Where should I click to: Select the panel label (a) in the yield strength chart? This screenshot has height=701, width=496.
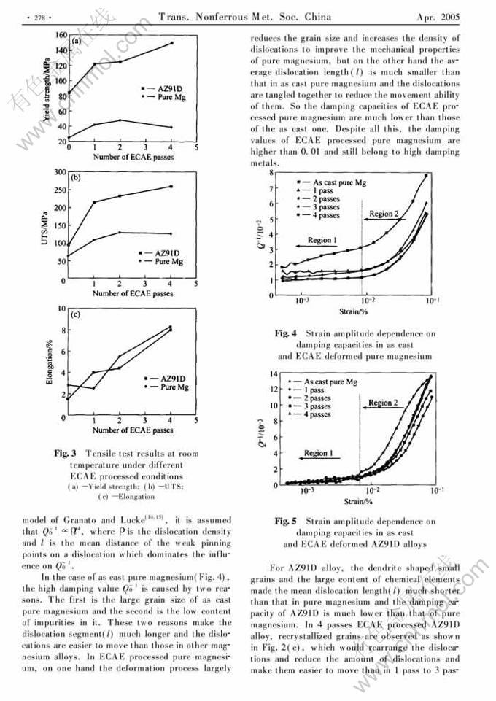coord(76,42)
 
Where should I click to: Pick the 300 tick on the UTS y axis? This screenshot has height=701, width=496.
coord(58,171)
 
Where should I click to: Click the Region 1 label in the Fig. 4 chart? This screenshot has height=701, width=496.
coord(322,240)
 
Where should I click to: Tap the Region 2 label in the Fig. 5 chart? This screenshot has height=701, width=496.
coord(382,403)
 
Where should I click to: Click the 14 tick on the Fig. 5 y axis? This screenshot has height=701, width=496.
coord(274,373)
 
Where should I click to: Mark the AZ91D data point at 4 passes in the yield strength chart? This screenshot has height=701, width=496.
coord(171,43)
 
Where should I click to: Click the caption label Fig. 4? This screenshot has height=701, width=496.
coord(285,333)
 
